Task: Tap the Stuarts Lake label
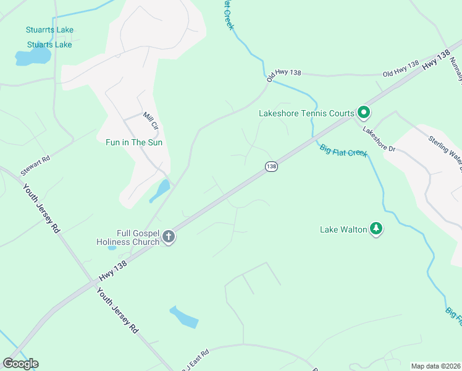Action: (49, 45)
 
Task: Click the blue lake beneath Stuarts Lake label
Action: (33, 58)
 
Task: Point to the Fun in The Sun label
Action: (134, 142)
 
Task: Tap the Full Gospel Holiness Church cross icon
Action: (169, 236)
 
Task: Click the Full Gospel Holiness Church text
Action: (128, 237)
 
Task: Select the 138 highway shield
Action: (271, 166)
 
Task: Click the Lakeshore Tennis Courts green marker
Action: (364, 113)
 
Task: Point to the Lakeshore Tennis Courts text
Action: (306, 113)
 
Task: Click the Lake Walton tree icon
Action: (376, 229)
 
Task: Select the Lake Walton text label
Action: (342, 229)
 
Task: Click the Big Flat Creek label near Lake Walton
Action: (343, 150)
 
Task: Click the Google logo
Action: (20, 363)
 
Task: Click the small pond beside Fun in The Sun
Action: (160, 190)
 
